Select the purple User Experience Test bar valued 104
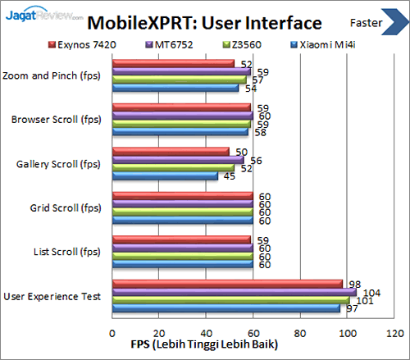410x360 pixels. point(234,293)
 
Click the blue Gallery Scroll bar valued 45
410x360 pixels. point(164,175)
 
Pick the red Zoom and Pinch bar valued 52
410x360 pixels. point(172,64)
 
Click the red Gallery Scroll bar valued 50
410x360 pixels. point(170,152)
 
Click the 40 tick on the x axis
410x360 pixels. point(206,334)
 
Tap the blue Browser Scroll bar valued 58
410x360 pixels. point(180,131)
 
